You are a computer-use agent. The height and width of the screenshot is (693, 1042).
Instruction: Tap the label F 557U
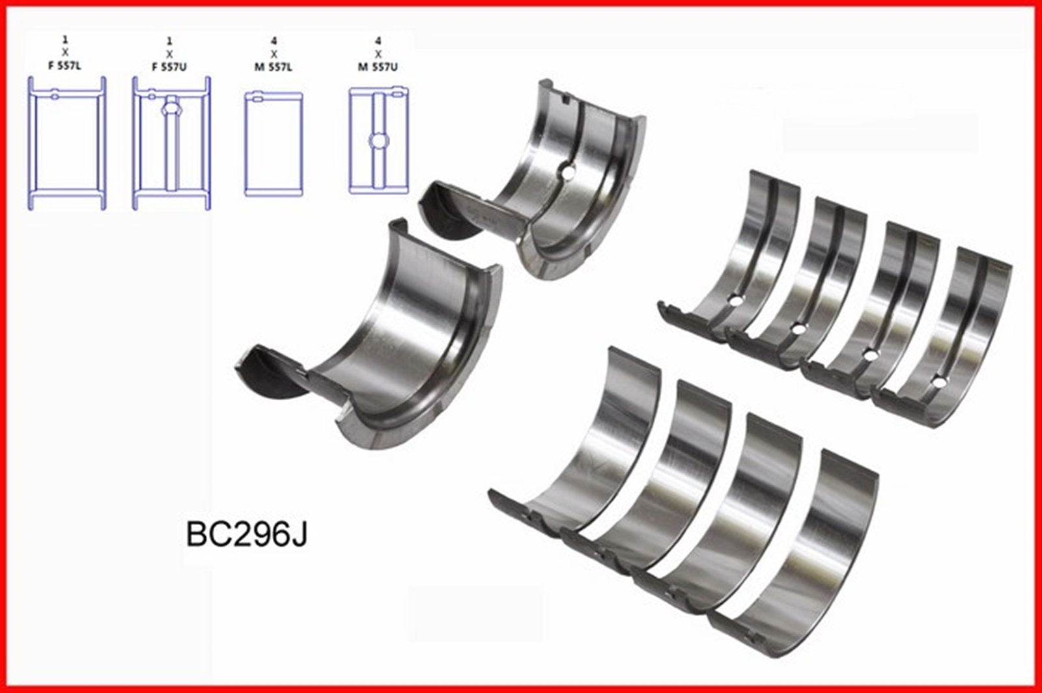coord(171,66)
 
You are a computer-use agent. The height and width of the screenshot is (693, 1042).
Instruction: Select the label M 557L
coord(273,66)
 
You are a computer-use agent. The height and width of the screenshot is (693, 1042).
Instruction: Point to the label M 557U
coord(378,66)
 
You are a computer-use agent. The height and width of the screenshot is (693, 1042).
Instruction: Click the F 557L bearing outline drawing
coord(66,143)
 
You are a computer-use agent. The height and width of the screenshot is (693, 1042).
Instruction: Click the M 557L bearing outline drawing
coord(274,143)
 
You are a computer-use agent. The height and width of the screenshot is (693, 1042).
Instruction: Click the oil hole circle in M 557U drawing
coord(378,140)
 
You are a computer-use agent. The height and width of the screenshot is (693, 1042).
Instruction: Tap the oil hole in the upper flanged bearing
coord(569,174)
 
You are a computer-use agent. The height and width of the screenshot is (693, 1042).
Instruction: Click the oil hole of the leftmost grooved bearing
coord(734,301)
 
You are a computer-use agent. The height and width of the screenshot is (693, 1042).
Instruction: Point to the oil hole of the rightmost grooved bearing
coord(937,381)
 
